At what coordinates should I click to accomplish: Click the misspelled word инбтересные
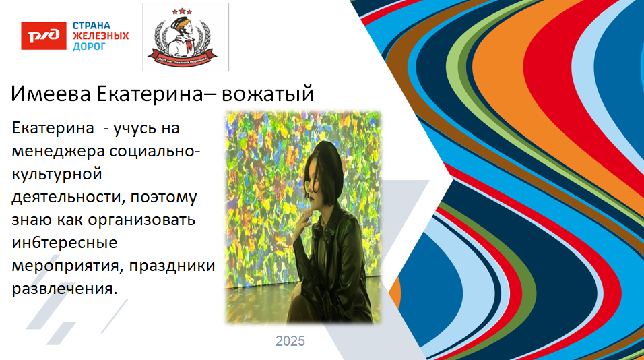(56, 242)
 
